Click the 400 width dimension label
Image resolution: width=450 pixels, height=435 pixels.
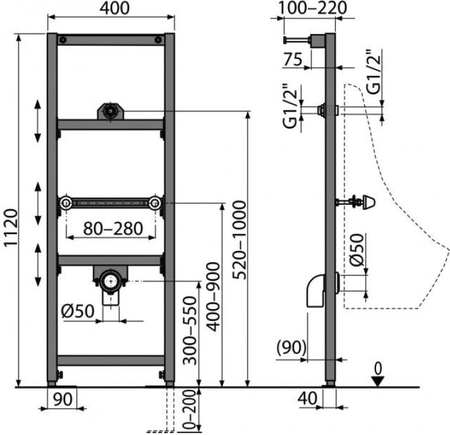click(x=114, y=8)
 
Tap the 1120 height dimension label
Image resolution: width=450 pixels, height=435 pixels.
click(x=11, y=227)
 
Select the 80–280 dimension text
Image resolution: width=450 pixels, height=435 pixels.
click(x=113, y=228)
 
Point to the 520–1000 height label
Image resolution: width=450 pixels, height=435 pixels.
click(x=240, y=240)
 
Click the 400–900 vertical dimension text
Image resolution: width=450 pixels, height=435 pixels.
click(x=213, y=297)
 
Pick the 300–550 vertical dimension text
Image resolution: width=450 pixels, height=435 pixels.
click(x=190, y=331)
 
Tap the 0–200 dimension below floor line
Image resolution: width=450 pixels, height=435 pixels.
click(x=189, y=410)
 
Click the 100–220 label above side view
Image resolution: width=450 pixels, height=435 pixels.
click(x=312, y=8)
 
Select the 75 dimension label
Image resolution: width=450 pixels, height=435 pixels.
click(x=293, y=59)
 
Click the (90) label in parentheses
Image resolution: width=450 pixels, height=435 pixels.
click(x=291, y=347)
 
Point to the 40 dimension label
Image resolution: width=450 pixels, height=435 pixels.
click(x=307, y=398)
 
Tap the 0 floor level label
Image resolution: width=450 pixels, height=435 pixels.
click(x=379, y=369)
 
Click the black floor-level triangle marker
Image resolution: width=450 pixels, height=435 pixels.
click(x=379, y=382)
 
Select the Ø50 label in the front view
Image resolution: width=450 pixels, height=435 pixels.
click(x=78, y=311)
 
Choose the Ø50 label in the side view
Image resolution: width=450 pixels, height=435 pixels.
click(x=357, y=250)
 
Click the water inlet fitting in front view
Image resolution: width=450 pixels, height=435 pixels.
click(x=111, y=111)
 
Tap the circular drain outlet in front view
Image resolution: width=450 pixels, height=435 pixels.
click(x=111, y=281)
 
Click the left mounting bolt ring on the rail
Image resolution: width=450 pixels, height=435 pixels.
click(x=66, y=204)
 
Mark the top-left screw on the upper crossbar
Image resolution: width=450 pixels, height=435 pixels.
click(x=63, y=40)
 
